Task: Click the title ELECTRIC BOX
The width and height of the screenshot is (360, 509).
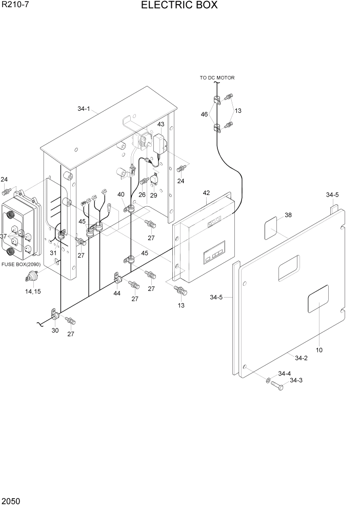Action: [x=179, y=6]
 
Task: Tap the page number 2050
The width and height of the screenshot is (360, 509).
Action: [x=11, y=500]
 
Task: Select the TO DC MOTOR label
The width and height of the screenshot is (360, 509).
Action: [x=217, y=78]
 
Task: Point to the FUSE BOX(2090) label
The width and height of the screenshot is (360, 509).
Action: [x=21, y=265]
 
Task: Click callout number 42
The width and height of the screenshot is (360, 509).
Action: [x=206, y=193]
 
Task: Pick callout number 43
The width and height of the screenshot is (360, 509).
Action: [x=161, y=125]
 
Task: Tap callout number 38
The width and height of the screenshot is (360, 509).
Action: [x=288, y=216]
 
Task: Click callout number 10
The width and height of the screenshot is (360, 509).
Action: [x=319, y=350]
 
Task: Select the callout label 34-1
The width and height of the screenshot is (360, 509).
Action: [x=84, y=109]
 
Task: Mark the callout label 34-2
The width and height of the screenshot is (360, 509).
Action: [x=301, y=358]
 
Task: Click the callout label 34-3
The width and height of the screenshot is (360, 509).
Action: [x=296, y=380]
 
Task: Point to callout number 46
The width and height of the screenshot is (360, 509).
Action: [x=205, y=114]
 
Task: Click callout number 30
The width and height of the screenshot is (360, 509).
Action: [x=55, y=330]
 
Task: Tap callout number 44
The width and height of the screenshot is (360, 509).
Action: [x=117, y=293]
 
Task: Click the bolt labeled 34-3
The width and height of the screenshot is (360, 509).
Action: [x=277, y=386]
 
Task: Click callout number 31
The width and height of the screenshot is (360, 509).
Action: [x=53, y=252]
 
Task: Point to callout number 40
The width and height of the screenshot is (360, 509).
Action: [x=121, y=194]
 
